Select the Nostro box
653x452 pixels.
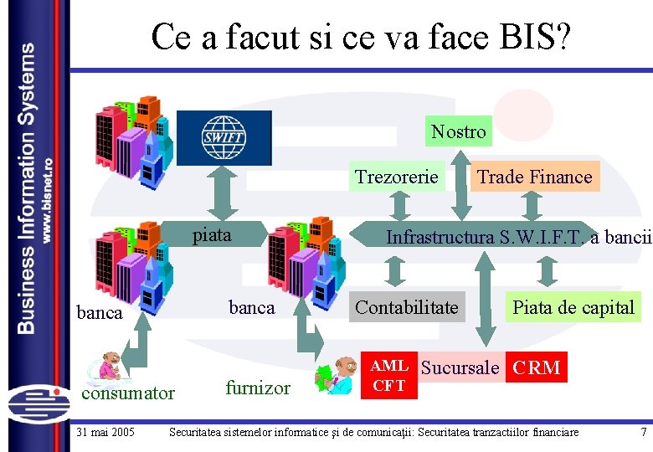pyautogui.click(x=458, y=131)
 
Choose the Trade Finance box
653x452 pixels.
pyautogui.click(x=534, y=177)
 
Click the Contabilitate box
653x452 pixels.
pyautogui.click(x=407, y=307)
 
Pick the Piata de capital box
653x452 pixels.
pyautogui.click(x=573, y=307)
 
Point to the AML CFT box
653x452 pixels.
pyautogui.click(x=389, y=376)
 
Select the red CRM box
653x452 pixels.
pyautogui.click(x=537, y=367)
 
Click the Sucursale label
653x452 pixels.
pyautogui.click(x=460, y=367)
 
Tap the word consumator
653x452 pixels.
pyautogui.click(x=126, y=393)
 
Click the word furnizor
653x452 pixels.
pyautogui.click(x=258, y=388)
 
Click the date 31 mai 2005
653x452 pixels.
pyautogui.click(x=105, y=433)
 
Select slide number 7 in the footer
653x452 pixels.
pyautogui.click(x=643, y=433)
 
